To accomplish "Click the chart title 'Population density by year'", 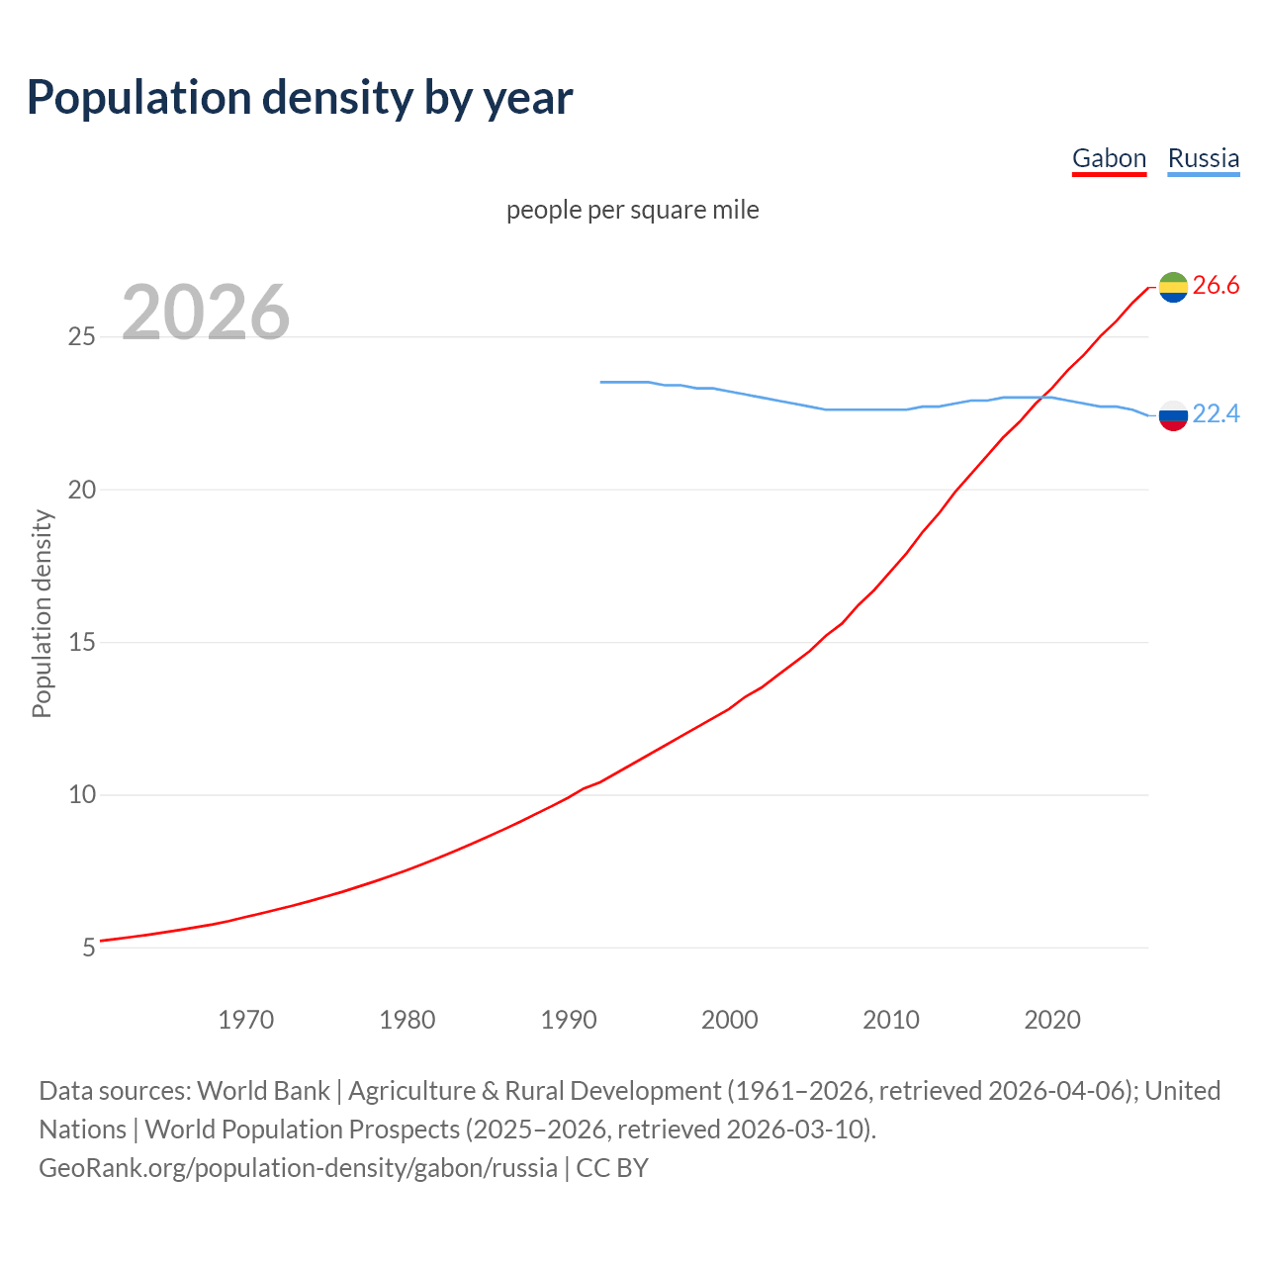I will (300, 97).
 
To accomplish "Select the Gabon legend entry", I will (1109, 158).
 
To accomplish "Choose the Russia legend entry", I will (1203, 158).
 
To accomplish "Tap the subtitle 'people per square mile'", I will (633, 210).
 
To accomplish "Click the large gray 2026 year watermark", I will (206, 313).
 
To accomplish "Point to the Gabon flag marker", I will (1173, 287).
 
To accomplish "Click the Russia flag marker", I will (1173, 415).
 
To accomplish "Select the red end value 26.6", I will (1216, 286).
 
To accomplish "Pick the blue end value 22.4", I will (1216, 414).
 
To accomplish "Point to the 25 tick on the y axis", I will (81, 337).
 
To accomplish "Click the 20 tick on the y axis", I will (81, 491).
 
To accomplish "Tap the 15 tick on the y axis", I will (81, 643).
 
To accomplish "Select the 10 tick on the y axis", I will (81, 795).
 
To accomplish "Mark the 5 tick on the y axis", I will (89, 949).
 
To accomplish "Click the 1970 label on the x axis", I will (245, 1020).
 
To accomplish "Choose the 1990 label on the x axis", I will (568, 1020).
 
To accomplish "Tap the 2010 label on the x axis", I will (890, 1020).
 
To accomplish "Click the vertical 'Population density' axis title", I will (42, 613).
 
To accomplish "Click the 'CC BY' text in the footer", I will (612, 1168).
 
